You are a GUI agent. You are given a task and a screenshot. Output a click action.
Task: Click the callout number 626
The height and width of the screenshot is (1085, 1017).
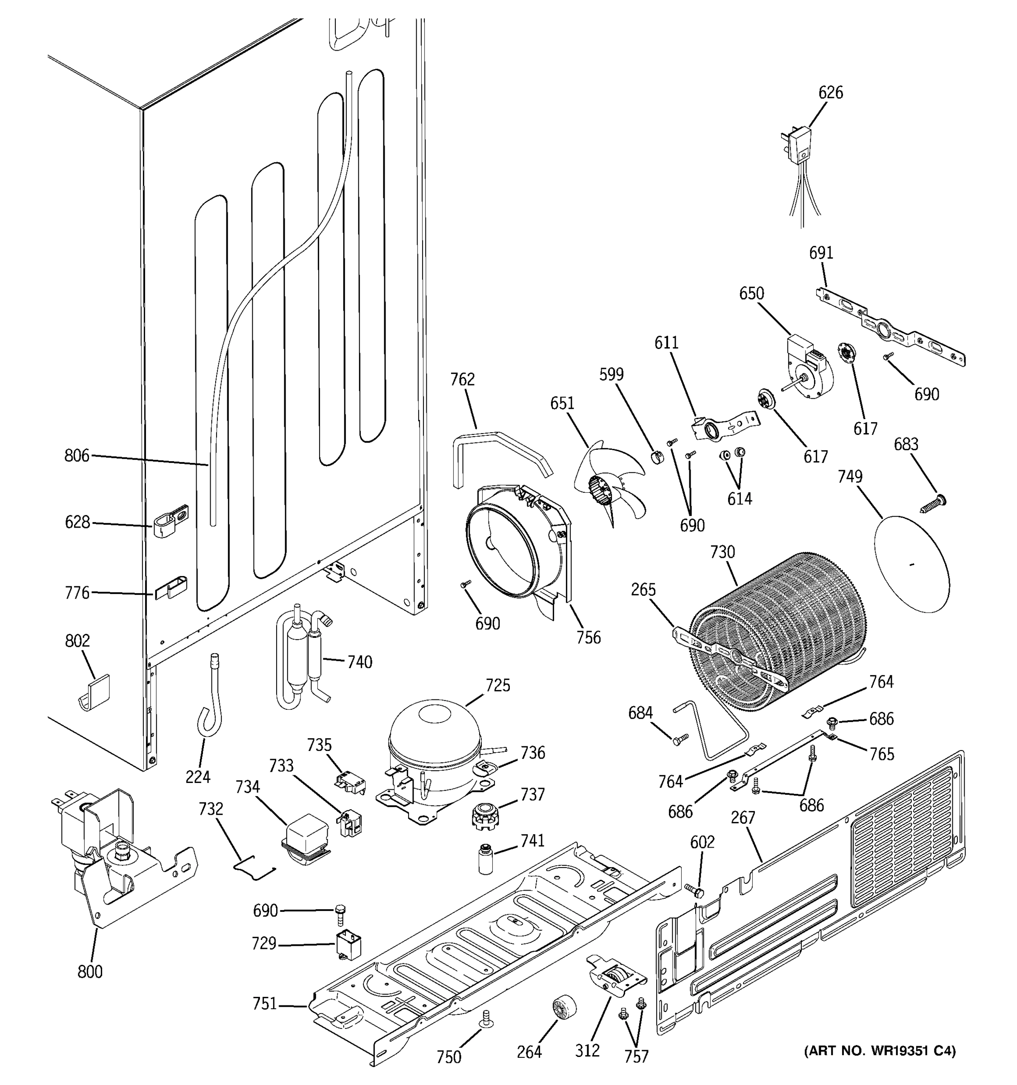click(830, 93)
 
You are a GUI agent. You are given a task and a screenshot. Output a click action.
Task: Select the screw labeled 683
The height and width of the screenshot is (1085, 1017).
click(934, 503)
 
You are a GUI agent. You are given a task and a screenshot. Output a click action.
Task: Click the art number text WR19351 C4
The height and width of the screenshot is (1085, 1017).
click(880, 1051)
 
